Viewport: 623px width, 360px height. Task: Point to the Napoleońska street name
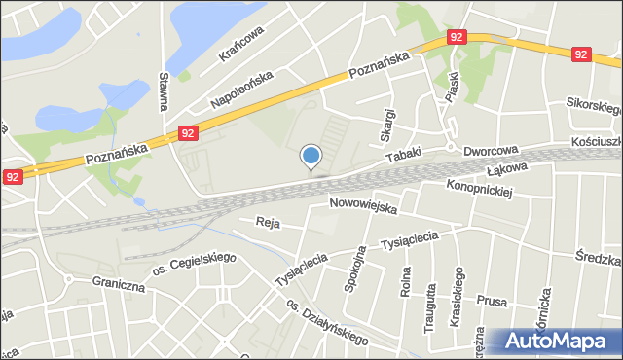(x=243, y=89)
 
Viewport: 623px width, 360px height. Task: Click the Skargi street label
(x=386, y=123)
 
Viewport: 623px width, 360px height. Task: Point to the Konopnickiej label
(x=479, y=187)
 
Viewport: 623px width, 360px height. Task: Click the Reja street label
(x=268, y=223)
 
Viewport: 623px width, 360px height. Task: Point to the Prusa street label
(x=493, y=302)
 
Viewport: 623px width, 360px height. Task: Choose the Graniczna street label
(x=119, y=287)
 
